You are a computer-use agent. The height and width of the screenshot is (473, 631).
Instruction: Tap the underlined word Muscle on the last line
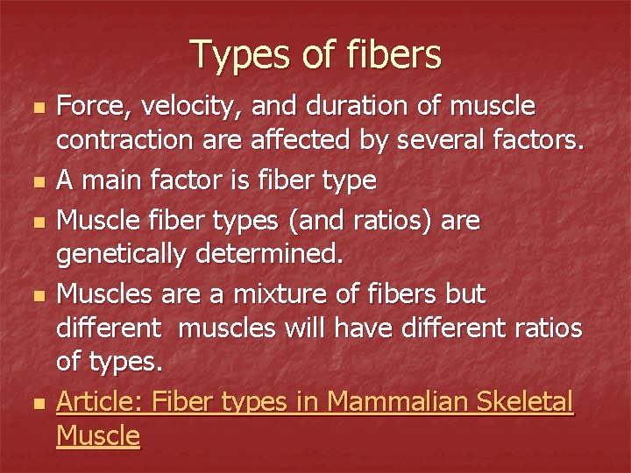(x=98, y=434)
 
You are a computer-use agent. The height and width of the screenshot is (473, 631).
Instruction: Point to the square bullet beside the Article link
(x=34, y=404)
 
